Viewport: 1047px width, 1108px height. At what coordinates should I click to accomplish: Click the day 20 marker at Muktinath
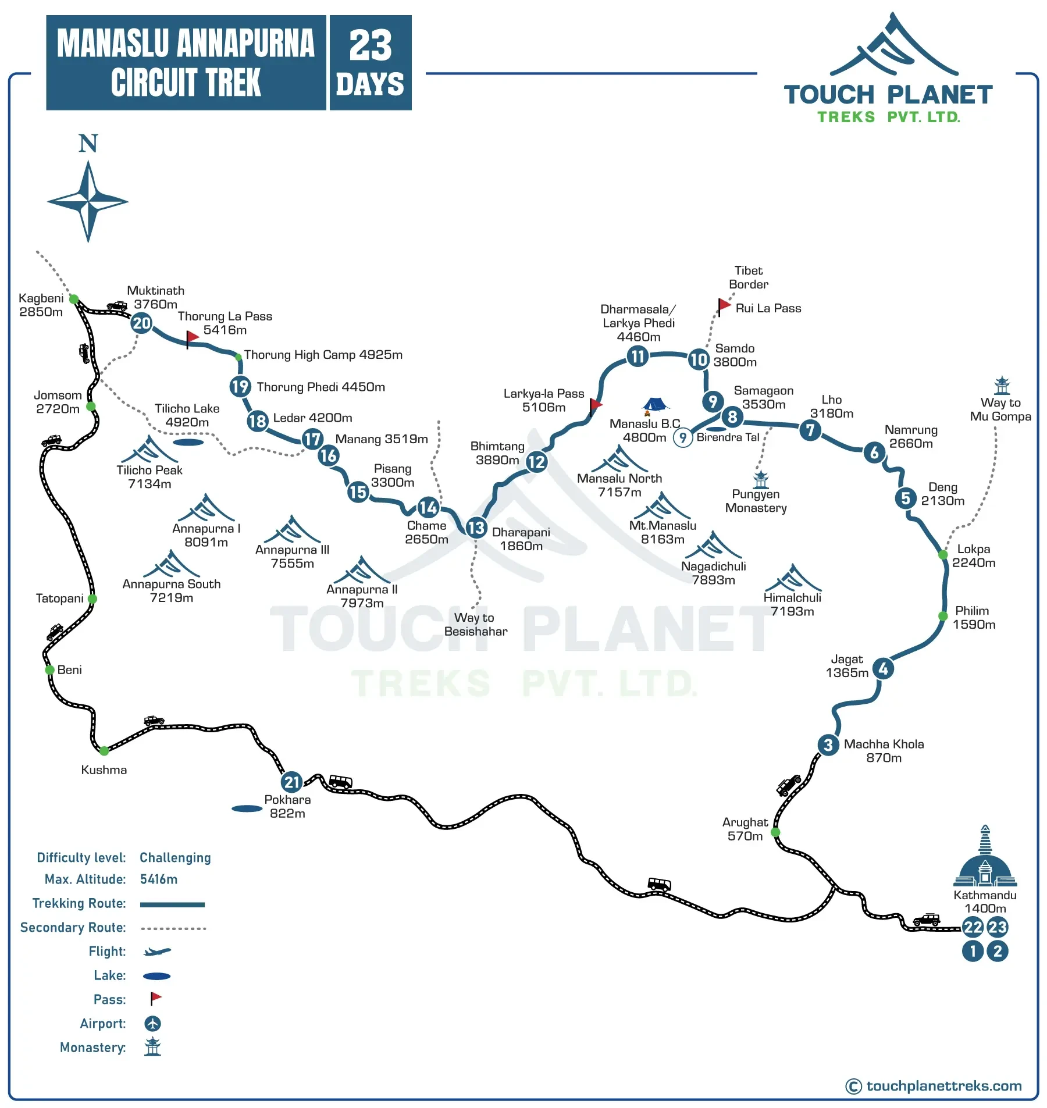click(x=141, y=323)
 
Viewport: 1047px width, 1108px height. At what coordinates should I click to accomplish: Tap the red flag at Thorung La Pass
click(x=192, y=337)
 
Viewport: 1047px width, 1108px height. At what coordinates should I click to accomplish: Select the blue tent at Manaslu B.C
click(x=655, y=404)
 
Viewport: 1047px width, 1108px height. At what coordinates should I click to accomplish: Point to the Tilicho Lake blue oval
click(x=188, y=443)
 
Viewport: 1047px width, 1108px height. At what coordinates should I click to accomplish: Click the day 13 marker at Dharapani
click(x=476, y=528)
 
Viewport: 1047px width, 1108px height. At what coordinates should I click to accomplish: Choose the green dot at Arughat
click(x=775, y=832)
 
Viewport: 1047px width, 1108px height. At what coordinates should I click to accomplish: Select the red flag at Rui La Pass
click(x=724, y=305)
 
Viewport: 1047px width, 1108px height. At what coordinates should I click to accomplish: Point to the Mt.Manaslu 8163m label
click(x=663, y=532)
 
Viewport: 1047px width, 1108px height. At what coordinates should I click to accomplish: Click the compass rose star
click(x=88, y=201)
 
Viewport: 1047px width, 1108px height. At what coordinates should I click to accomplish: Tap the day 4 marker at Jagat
click(x=883, y=669)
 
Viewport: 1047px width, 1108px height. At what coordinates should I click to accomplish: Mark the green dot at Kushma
click(x=104, y=751)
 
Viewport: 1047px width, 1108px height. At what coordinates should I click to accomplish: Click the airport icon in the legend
click(x=152, y=1023)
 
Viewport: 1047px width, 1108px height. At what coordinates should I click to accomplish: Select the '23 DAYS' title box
click(x=371, y=63)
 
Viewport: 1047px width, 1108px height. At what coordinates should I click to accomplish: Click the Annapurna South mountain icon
click(x=171, y=564)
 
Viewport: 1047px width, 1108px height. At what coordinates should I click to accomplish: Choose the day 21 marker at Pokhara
click(x=291, y=782)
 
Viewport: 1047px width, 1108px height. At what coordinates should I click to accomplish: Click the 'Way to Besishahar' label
click(x=475, y=624)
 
